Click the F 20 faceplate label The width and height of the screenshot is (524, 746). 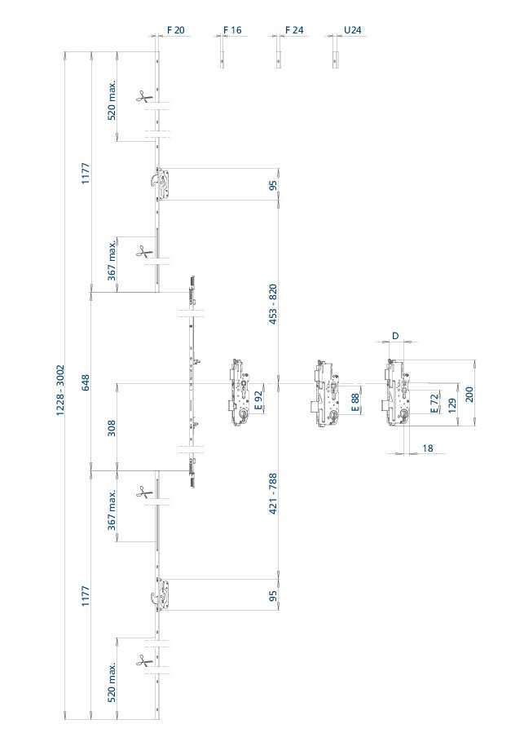(x=175, y=30)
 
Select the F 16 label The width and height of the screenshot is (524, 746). (x=232, y=30)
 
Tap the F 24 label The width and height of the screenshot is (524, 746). (x=294, y=30)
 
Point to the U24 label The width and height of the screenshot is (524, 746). (x=352, y=30)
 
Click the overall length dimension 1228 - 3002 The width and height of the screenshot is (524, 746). (x=60, y=391)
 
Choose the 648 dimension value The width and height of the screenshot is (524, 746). (x=86, y=382)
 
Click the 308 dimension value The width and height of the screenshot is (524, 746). (x=112, y=428)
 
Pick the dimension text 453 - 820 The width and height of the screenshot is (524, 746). (x=273, y=304)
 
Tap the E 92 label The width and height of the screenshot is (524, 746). (x=258, y=399)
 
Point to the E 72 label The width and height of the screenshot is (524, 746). (x=434, y=404)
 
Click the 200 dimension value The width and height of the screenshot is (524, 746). (x=469, y=395)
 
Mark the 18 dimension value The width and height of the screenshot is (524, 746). (x=428, y=448)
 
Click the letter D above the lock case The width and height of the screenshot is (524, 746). (x=395, y=336)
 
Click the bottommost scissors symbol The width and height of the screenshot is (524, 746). (x=143, y=660)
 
